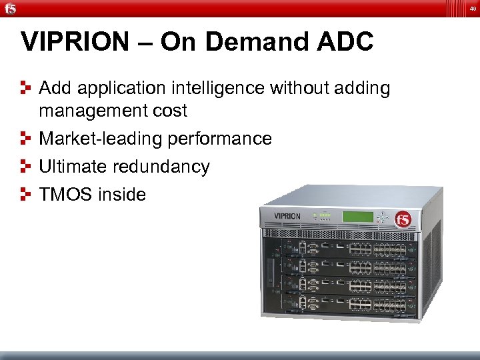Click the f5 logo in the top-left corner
[11, 8]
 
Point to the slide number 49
[472, 8]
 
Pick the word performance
[220, 139]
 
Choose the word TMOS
[65, 195]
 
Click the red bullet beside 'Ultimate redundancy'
[26, 166]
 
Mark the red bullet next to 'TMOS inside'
[26, 194]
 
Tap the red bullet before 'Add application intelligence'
[26, 87]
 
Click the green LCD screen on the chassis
[357, 217]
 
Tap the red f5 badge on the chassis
[403, 219]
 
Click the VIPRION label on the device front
[287, 216]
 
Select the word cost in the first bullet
[174, 110]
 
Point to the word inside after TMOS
[121, 195]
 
